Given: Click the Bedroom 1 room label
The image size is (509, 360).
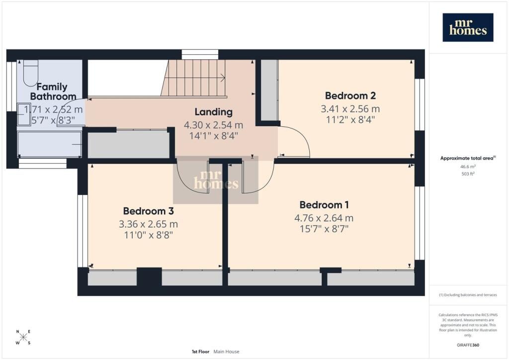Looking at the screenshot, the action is pyautogui.click(x=324, y=205).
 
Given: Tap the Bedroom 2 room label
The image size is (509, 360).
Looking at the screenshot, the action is pyautogui.click(x=350, y=96).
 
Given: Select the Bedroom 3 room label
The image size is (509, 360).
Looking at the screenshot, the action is pyautogui.click(x=148, y=211).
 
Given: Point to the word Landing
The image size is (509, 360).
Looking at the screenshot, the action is pyautogui.click(x=214, y=112).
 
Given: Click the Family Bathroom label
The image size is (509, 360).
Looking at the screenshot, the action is pyautogui.click(x=53, y=91).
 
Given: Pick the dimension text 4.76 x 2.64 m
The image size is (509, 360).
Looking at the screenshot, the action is pyautogui.click(x=324, y=218).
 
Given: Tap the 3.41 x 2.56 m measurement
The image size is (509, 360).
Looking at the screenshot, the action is pyautogui.click(x=350, y=109).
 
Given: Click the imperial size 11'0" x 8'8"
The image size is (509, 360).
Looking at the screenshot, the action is pyautogui.click(x=148, y=235).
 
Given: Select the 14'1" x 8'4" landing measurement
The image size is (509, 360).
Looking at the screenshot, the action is pyautogui.click(x=214, y=135).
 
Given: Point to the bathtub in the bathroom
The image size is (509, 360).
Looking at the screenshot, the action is pyautogui.click(x=49, y=144).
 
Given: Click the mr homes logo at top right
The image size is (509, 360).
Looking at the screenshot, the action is pyautogui.click(x=468, y=27).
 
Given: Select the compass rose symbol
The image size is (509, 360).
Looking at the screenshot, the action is pyautogui.click(x=23, y=337).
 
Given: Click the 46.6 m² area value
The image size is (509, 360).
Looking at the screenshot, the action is pyautogui.click(x=468, y=167).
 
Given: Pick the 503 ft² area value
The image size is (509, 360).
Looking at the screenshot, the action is pyautogui.click(x=468, y=174).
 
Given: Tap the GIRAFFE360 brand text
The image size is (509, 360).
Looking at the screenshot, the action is pyautogui.click(x=468, y=345).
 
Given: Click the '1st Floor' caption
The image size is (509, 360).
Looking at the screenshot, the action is pyautogui.click(x=200, y=352).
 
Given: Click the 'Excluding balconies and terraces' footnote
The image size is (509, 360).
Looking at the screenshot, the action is pyautogui.click(x=468, y=295).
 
